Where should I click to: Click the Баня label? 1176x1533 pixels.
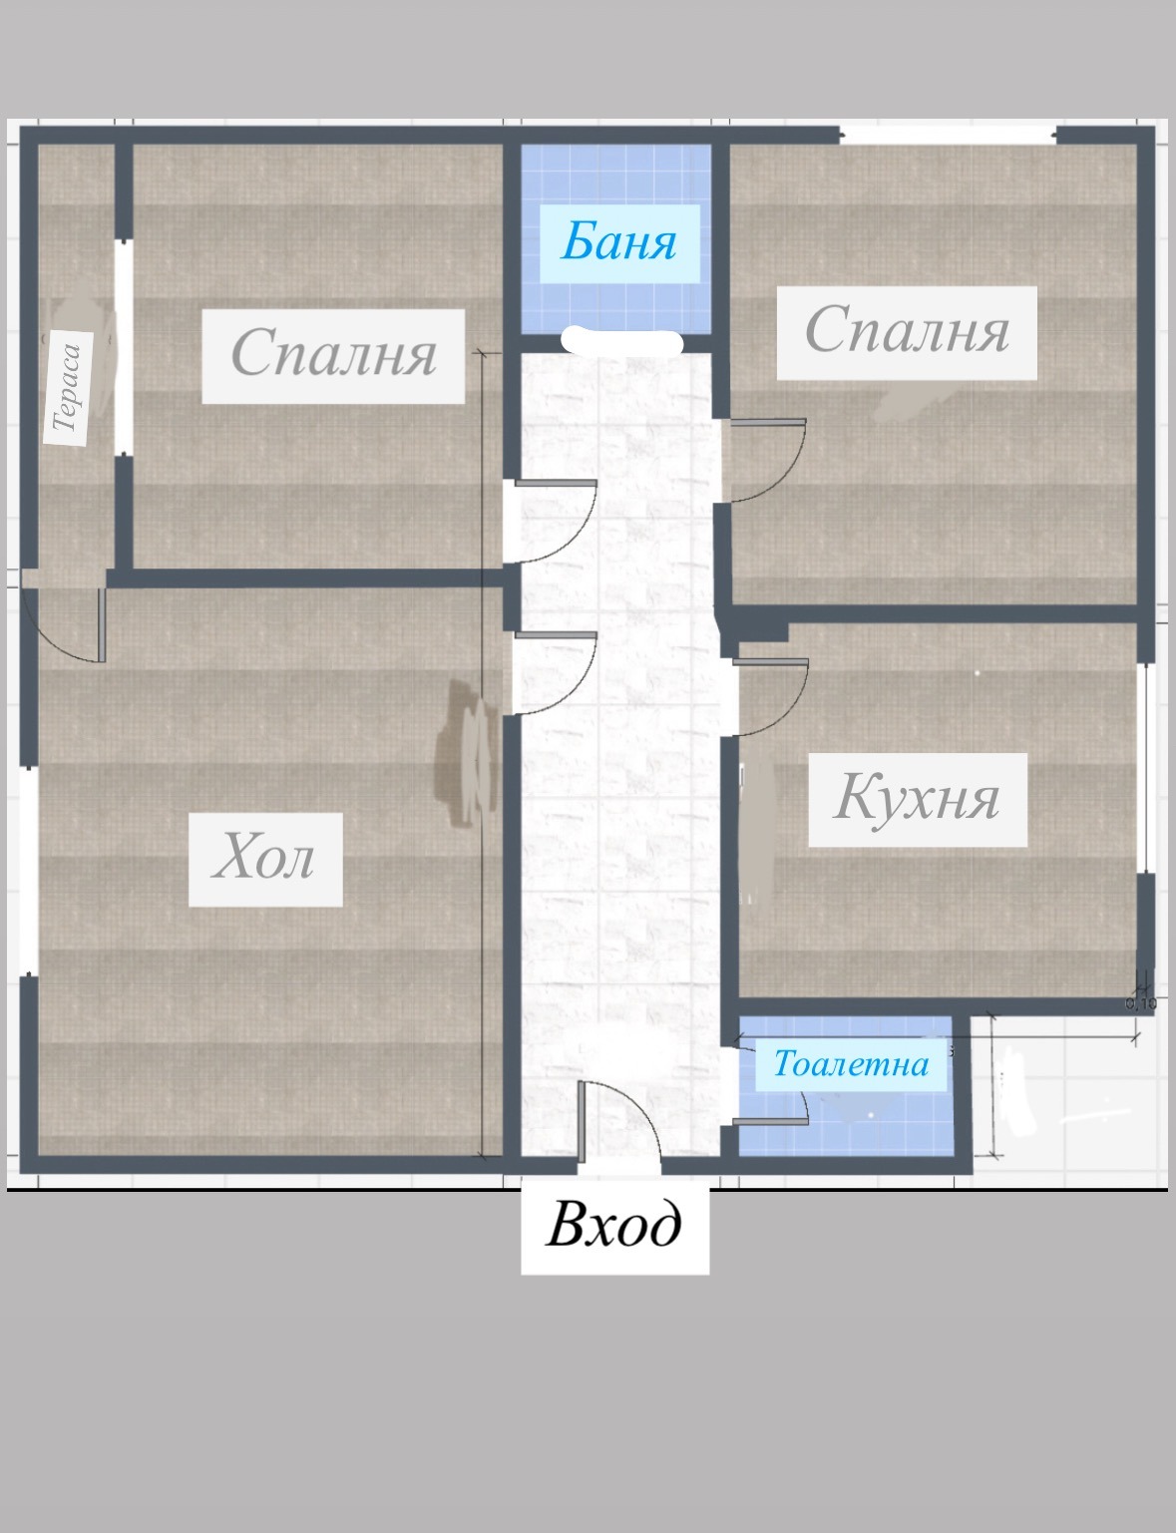(x=618, y=242)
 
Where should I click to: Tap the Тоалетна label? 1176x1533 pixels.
(x=851, y=1064)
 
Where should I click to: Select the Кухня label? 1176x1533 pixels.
(x=917, y=799)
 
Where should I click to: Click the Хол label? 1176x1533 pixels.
(x=265, y=859)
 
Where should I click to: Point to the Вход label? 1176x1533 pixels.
(x=614, y=1225)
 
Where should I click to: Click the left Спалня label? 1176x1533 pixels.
(x=333, y=354)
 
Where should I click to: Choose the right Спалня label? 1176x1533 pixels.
(x=907, y=332)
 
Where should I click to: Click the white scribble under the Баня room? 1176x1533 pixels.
(x=622, y=341)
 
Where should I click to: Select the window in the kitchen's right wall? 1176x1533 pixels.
(x=1146, y=768)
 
